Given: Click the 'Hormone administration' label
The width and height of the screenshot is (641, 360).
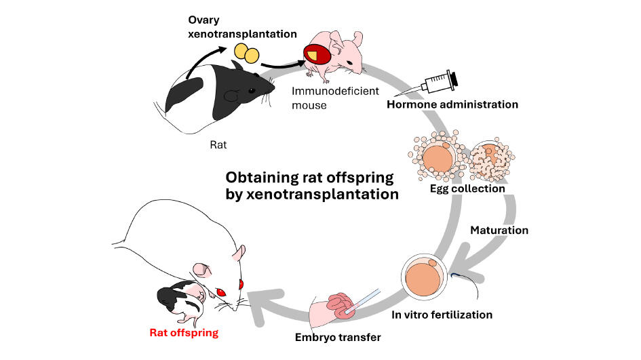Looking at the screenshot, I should coord(452,104).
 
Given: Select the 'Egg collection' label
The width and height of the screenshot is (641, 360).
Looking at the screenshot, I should coord(467,188).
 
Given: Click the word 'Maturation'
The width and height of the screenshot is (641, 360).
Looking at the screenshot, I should coord(499,230).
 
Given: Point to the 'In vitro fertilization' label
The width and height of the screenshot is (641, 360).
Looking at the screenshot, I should coord(442,315).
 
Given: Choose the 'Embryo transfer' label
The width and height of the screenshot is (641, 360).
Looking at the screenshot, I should coord(338,337).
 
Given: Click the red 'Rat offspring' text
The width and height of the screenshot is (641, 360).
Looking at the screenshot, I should coord(184,333).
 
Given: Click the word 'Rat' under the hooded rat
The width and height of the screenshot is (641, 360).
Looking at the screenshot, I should coord(218,145).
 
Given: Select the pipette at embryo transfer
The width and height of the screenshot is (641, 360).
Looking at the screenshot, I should coord(365,300).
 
